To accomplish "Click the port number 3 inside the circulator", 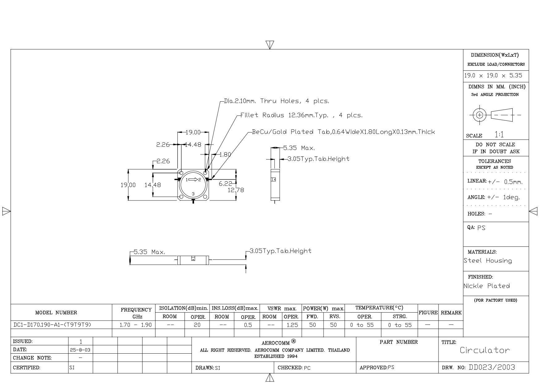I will pyautogui.click(x=193, y=194).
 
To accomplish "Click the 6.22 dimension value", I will pyautogui.click(x=225, y=184).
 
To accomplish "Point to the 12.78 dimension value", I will pyautogui.click(x=236, y=190).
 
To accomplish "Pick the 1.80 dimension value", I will pyautogui.click(x=225, y=154).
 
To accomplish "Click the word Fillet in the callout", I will pyautogui.click(x=249, y=115).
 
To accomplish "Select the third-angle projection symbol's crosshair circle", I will pyautogui.click(x=480, y=115).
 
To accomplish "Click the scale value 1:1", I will pyautogui.click(x=499, y=135).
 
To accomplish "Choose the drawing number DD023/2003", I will pyautogui.click(x=492, y=367).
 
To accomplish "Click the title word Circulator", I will pyautogui.click(x=485, y=350).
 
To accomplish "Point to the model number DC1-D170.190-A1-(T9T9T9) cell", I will pyautogui.click(x=53, y=325).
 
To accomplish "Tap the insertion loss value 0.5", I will pyautogui.click(x=248, y=325).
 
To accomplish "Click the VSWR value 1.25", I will pyautogui.click(x=292, y=325).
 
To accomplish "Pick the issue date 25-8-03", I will pyautogui.click(x=80, y=350).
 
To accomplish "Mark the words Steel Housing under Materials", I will pyautogui.click(x=488, y=261).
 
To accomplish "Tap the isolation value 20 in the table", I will pyautogui.click(x=197, y=325).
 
